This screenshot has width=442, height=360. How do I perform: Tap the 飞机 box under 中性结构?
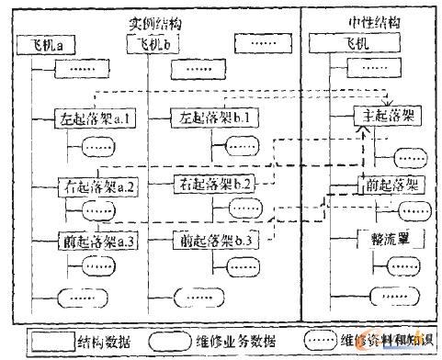(357, 43)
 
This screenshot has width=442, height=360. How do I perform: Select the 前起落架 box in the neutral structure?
(389, 185)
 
